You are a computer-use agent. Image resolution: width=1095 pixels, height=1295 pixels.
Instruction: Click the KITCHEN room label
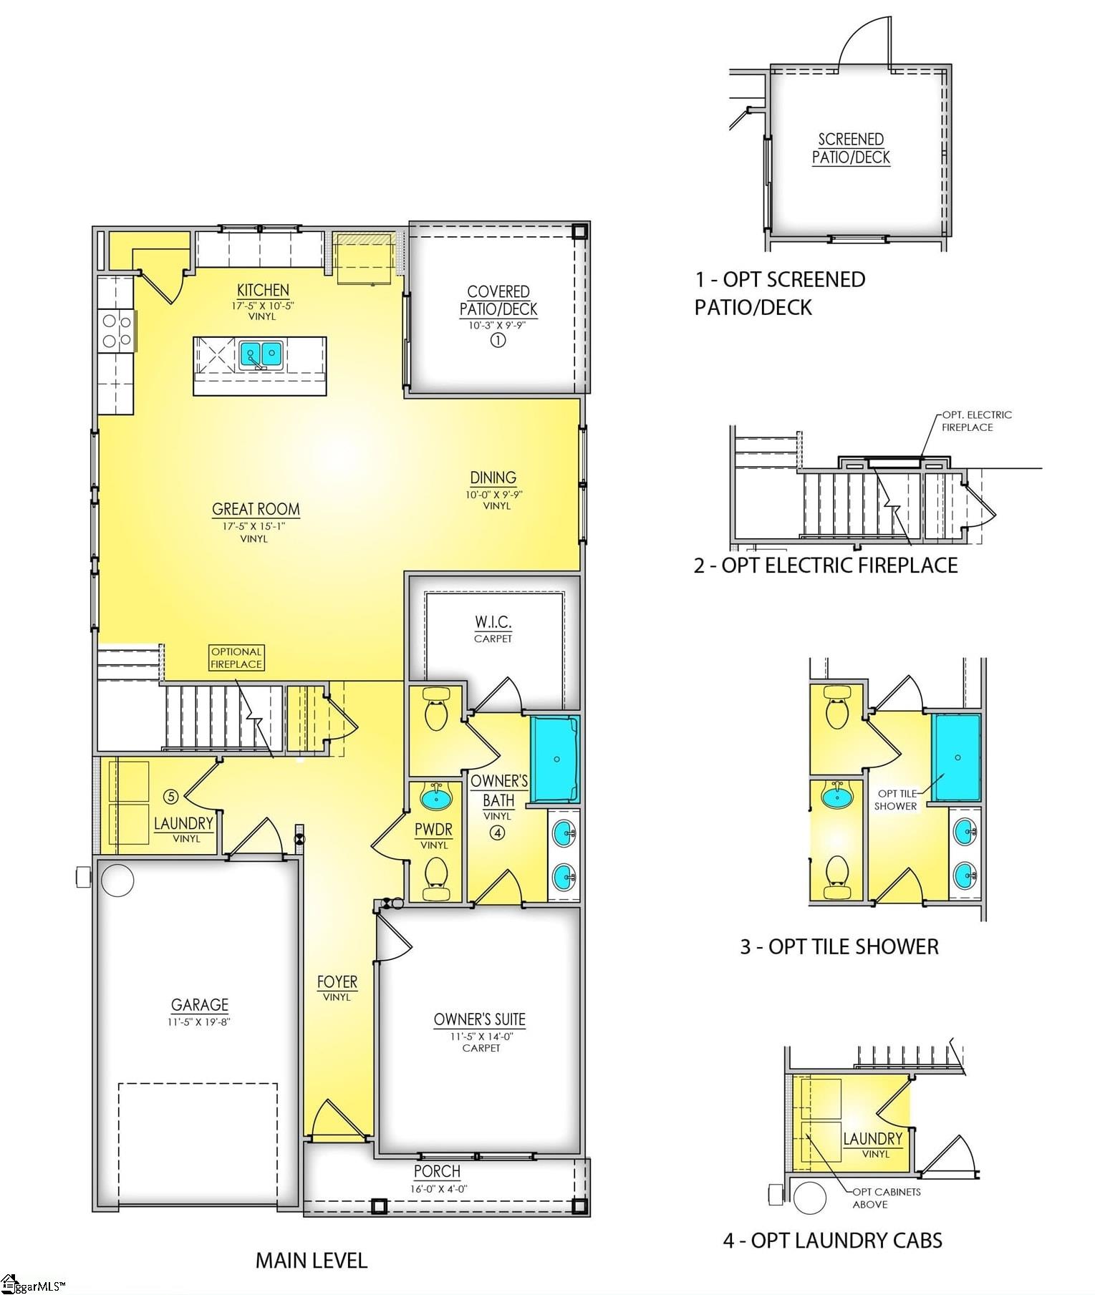263,290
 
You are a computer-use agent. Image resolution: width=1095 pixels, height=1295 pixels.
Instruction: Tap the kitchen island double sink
260,353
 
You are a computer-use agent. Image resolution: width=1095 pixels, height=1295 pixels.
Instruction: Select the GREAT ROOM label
256,509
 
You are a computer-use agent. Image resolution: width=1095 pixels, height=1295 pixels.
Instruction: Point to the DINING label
493,477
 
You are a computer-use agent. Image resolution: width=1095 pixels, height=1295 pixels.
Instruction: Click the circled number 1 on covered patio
498,340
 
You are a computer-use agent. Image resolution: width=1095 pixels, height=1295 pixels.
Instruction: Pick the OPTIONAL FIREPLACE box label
236,657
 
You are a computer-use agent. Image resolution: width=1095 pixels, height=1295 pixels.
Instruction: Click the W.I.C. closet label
493,621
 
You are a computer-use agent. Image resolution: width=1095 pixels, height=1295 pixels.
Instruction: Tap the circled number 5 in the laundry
170,796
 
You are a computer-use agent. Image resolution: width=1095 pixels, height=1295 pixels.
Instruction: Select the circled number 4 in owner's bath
497,833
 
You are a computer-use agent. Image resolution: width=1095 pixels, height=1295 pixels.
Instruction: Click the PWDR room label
433,830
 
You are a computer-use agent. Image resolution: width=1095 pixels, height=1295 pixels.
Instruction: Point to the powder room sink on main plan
435,796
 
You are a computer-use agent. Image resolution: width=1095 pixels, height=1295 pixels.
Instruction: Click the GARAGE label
199,1005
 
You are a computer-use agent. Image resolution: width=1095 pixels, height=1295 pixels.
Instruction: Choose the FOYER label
337,982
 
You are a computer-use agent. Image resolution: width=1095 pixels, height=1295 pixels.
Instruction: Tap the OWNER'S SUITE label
479,1019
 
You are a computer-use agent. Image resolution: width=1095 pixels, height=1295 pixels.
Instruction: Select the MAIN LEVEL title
312,1261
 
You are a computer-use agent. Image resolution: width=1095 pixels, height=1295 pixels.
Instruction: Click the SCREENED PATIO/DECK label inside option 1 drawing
851,148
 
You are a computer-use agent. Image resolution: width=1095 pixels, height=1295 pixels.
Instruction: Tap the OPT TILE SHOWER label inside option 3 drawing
895,800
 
